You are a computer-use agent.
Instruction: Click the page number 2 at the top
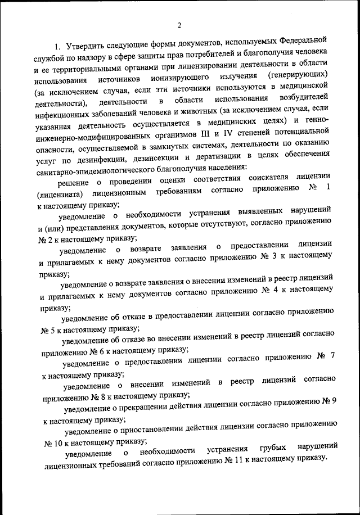pyautogui.click(x=179, y=24)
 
